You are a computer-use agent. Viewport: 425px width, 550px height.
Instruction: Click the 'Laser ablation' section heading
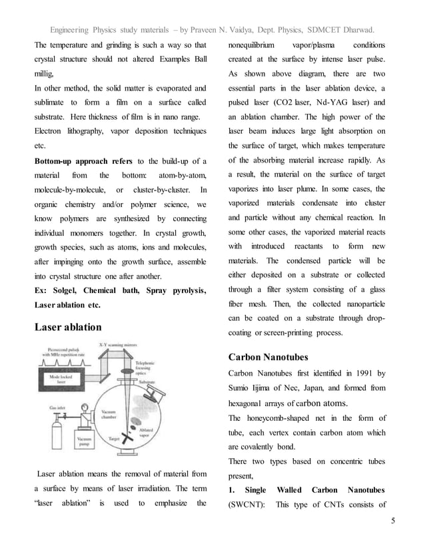(x=68, y=327)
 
